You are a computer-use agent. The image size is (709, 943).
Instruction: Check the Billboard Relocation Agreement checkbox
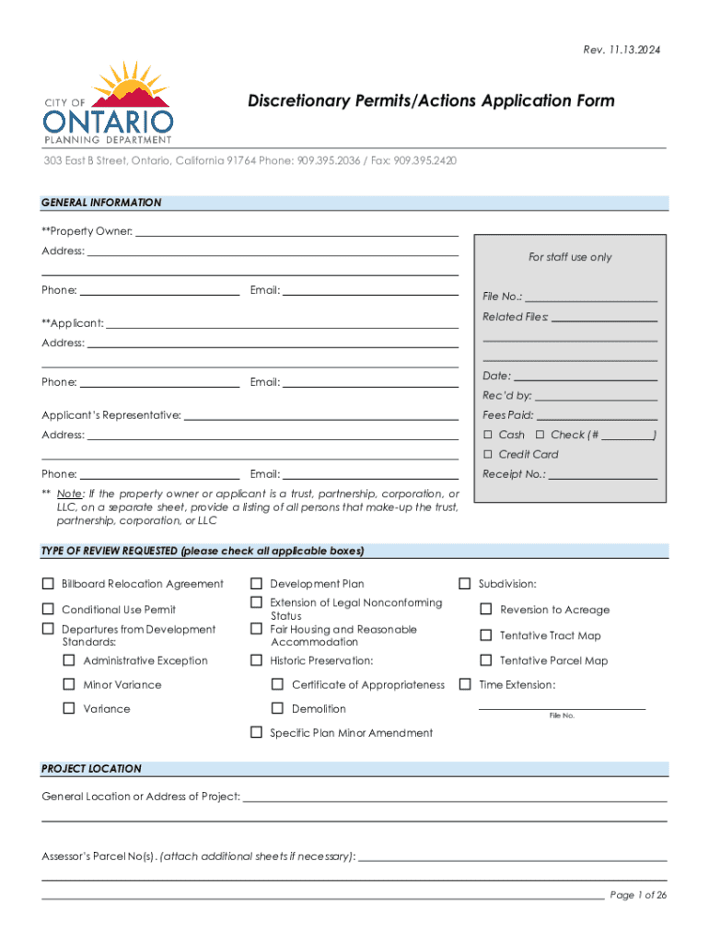tap(47, 584)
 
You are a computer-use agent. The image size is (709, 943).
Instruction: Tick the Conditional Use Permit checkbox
tap(47, 609)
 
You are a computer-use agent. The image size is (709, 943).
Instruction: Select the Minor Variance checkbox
tap(68, 684)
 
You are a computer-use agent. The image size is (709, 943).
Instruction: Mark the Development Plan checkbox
tap(256, 584)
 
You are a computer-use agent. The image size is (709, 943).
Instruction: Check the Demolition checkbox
tap(277, 708)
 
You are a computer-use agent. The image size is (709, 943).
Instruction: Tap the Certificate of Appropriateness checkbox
tap(277, 684)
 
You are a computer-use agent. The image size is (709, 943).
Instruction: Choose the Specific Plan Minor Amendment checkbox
tap(256, 732)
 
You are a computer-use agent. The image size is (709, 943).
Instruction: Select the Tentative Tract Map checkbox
tap(485, 634)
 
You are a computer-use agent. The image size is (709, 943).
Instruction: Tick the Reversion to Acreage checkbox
tap(485, 609)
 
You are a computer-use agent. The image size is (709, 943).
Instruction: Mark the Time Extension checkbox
tap(465, 684)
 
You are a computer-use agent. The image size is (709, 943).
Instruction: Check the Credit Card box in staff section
tap(489, 454)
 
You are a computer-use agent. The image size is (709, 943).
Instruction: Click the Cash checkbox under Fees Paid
tap(489, 435)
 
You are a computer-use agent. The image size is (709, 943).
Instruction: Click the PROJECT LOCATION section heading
tap(92, 768)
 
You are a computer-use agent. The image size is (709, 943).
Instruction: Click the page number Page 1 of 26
tap(638, 895)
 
